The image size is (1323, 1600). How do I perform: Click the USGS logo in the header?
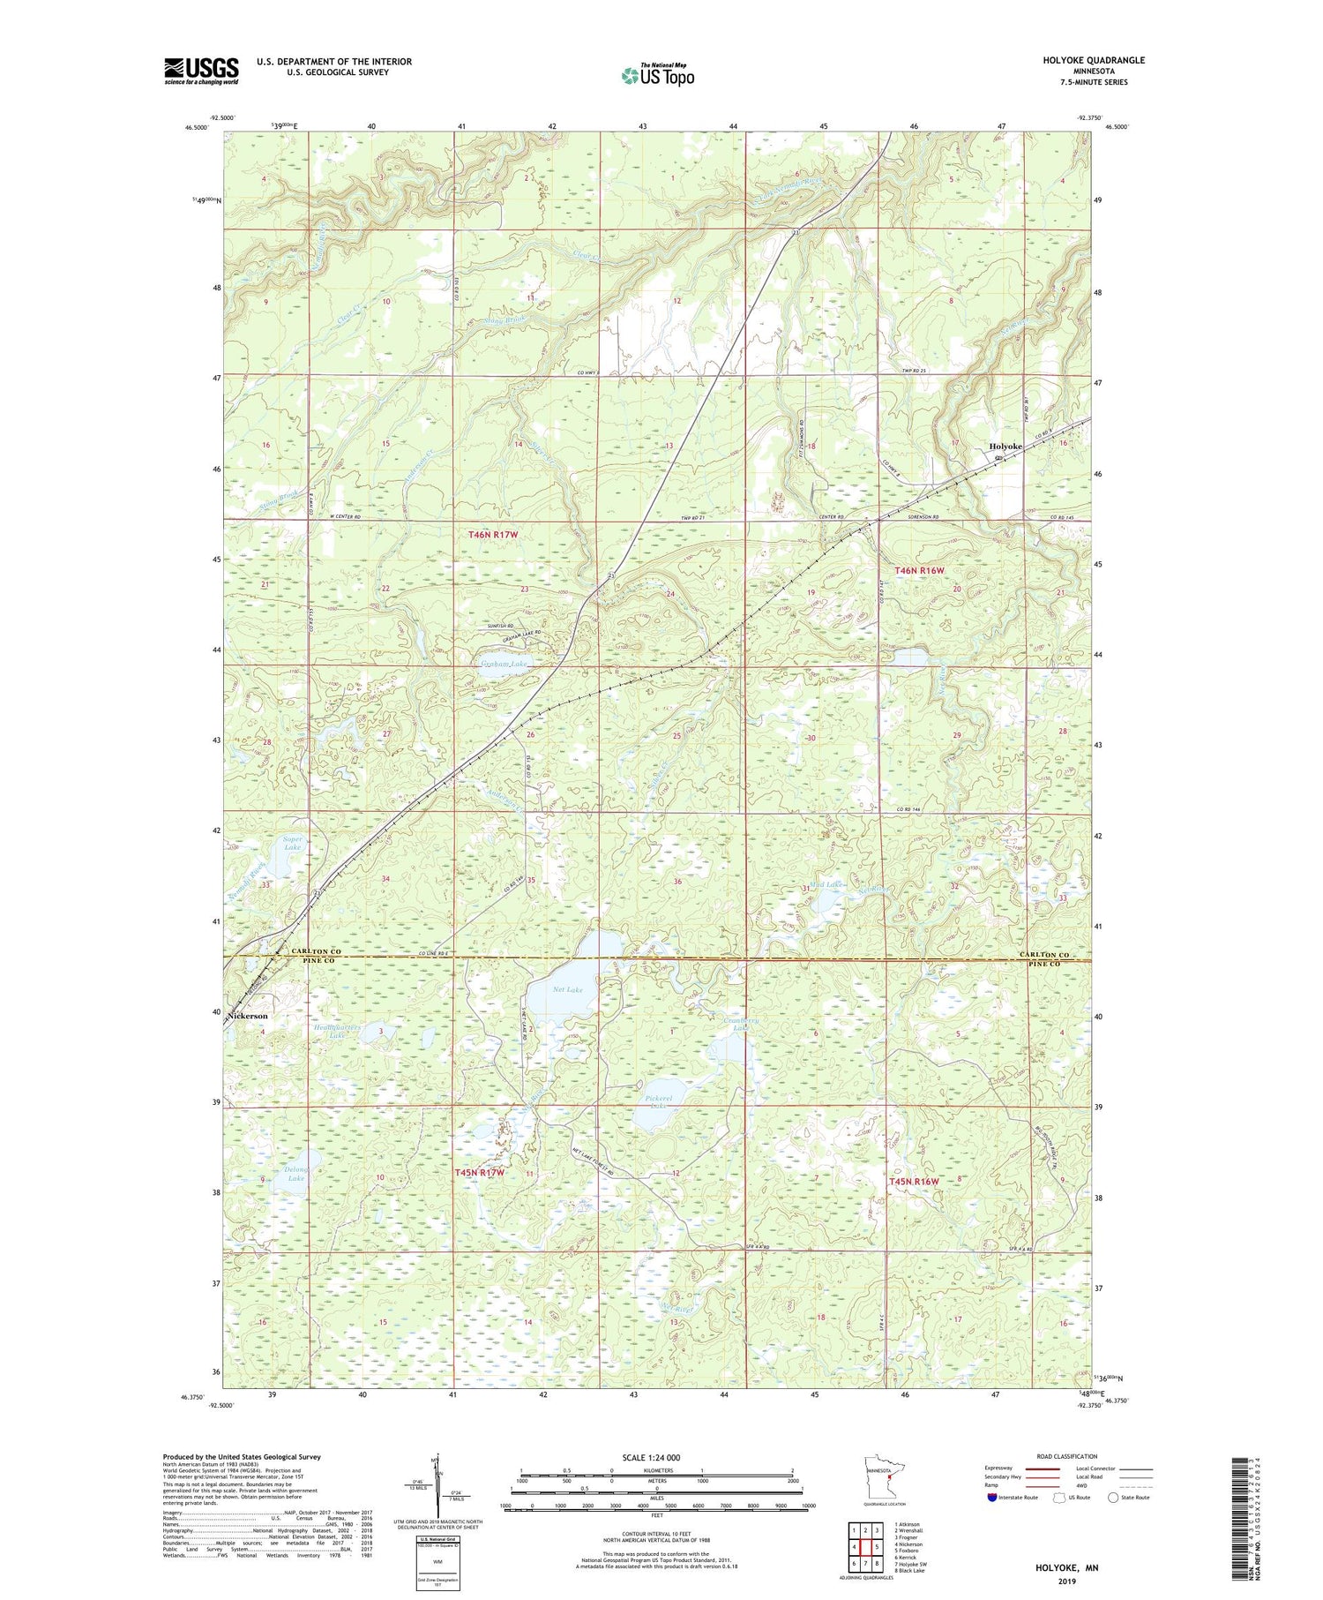pos(201,71)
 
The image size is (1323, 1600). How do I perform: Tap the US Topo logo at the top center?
pos(656,76)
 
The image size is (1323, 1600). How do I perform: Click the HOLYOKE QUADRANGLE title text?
pos(1092,60)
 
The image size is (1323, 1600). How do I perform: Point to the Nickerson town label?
pos(248,1016)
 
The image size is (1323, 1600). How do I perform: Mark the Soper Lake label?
pos(293,843)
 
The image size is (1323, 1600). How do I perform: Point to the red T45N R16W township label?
pos(919,1181)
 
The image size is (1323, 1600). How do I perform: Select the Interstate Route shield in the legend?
pos(991,1498)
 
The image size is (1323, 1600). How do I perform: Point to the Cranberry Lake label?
pos(739,1025)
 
